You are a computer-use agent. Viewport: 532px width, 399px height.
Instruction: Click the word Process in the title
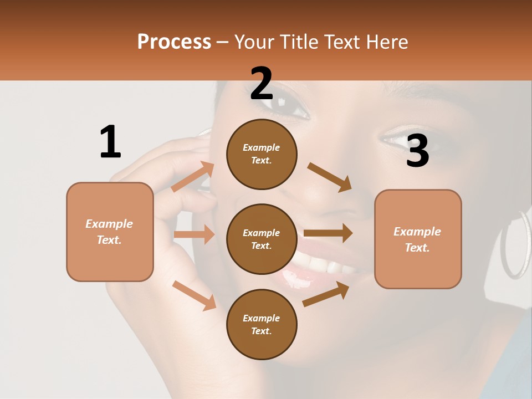pos(174,42)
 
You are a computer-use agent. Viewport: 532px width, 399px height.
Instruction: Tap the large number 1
pos(110,142)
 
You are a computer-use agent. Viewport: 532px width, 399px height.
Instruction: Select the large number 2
pos(262,84)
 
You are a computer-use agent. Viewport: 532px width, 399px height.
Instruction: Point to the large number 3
pos(417,151)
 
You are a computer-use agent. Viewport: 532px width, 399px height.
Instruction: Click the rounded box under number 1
pos(110,232)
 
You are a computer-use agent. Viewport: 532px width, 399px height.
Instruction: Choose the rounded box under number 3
pos(418,239)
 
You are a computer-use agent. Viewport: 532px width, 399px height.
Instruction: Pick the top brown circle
pos(262,154)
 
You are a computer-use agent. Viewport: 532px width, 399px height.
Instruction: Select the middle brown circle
pos(262,239)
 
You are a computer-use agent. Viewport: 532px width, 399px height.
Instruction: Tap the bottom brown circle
pos(262,324)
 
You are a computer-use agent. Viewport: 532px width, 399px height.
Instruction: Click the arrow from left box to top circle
pos(193,177)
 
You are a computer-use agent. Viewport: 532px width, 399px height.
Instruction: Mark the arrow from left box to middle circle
pos(194,234)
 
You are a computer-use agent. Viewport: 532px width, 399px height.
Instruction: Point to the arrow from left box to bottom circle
pos(194,295)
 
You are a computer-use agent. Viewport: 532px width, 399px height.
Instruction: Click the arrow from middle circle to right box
pos(328,233)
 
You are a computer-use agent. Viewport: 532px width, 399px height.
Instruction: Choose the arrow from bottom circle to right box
pos(326,294)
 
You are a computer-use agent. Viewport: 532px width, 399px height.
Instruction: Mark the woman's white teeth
pos(321,269)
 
